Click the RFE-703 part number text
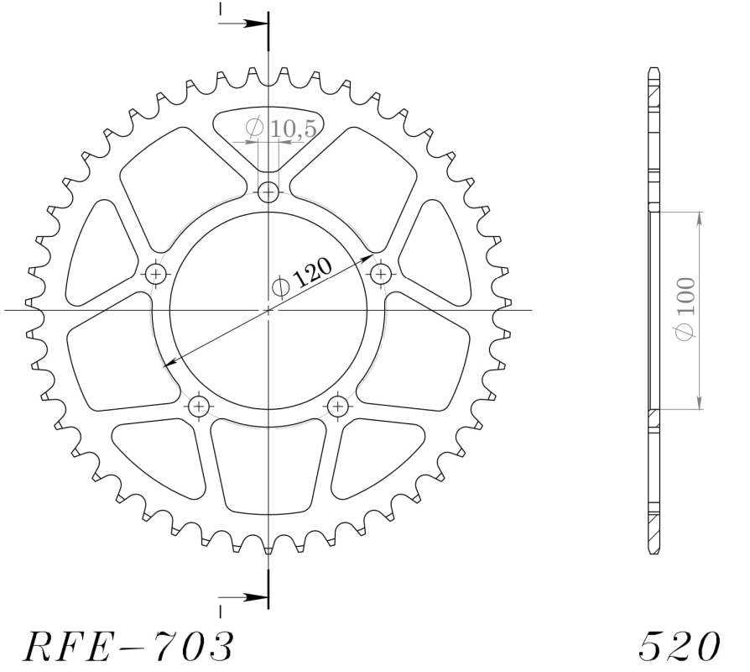128,646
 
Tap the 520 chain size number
680,646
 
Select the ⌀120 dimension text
301,278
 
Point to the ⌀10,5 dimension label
281,128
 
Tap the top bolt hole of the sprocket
268,193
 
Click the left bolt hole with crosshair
155,275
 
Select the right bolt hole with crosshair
381,275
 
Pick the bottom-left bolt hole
199,407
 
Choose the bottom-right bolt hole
338,407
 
